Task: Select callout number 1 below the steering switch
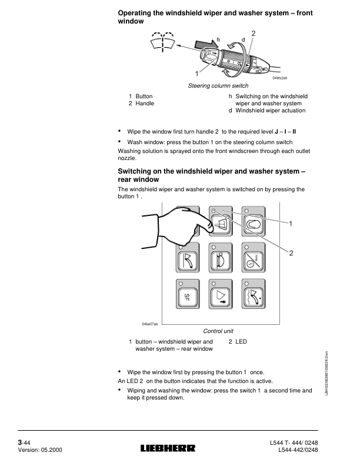[197, 74]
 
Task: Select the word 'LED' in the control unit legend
[241, 341]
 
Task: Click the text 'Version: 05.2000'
[40, 450]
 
